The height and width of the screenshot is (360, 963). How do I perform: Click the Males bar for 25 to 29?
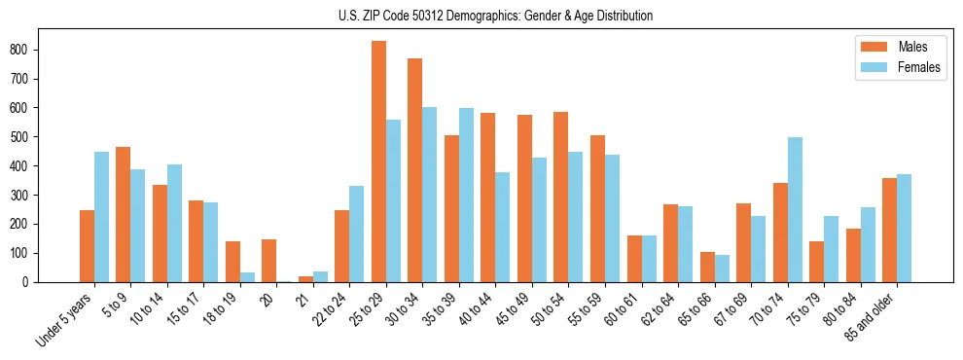pyautogui.click(x=378, y=162)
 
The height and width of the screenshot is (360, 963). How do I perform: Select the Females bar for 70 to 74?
pyautogui.click(x=795, y=209)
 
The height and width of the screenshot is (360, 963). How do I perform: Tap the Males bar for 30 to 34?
pyautogui.click(x=415, y=170)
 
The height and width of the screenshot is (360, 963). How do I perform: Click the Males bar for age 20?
pyautogui.click(x=269, y=261)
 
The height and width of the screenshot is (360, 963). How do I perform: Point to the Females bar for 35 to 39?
pyautogui.click(x=466, y=195)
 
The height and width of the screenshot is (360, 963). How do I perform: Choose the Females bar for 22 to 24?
pyautogui.click(x=357, y=234)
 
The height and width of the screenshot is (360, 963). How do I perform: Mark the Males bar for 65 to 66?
pyautogui.click(x=707, y=267)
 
